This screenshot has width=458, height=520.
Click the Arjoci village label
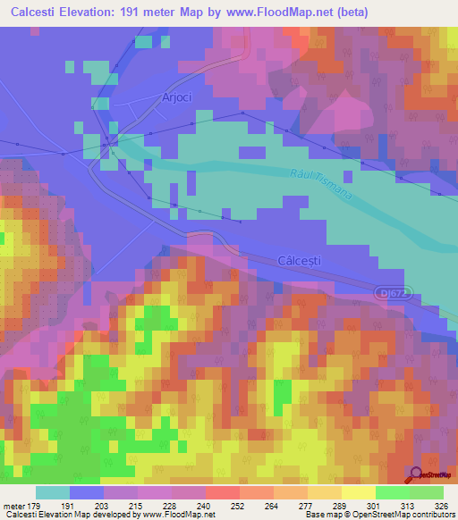[177, 97]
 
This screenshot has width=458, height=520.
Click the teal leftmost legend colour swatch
[53, 492]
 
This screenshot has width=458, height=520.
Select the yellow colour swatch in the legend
[358, 492]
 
